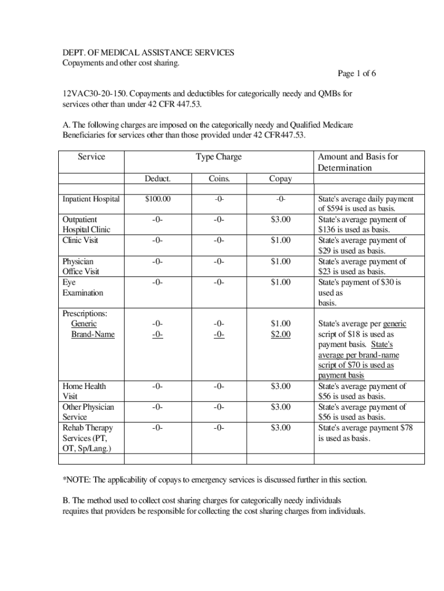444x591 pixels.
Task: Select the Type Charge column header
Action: tap(219, 157)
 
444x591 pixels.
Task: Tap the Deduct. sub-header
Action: tap(157, 179)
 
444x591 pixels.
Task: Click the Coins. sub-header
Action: tap(219, 179)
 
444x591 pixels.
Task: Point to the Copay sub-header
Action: tap(280, 179)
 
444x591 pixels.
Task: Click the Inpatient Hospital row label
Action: tap(91, 199)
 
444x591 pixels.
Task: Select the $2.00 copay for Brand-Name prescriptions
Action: tap(281, 334)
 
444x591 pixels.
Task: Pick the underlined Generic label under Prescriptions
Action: tap(84, 324)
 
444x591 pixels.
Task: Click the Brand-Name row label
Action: tap(93, 334)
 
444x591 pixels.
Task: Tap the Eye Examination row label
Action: tap(82, 287)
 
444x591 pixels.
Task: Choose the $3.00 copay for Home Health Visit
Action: tap(281, 386)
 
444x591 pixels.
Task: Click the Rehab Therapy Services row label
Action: tap(88, 438)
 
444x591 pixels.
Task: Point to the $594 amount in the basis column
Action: tap(337, 209)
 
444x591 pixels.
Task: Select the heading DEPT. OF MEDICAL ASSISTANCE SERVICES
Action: tap(148, 53)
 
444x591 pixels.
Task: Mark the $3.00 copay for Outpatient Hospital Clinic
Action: tap(281, 219)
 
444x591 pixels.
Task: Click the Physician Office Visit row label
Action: tap(81, 267)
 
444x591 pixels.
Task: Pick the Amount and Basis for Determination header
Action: tap(358, 162)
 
